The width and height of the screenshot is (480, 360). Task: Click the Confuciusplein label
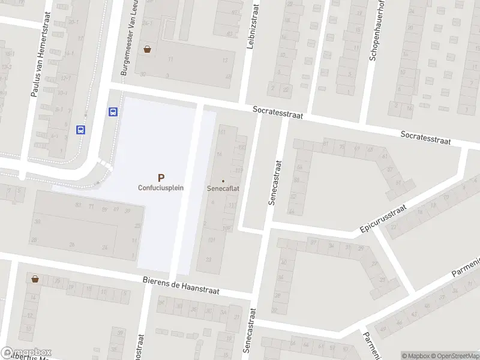[161, 187]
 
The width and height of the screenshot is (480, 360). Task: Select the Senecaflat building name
[223, 188]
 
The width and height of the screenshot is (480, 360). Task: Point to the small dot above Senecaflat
[223, 181]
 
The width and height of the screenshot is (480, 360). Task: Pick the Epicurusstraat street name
[383, 219]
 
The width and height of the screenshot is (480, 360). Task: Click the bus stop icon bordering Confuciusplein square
[112, 112]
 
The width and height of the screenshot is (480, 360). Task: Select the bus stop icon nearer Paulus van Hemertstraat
[80, 129]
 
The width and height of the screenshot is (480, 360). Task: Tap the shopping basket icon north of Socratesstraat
[147, 50]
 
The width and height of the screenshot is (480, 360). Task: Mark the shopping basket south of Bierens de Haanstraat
[35, 279]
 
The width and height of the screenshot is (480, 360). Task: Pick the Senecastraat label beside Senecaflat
[275, 183]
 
